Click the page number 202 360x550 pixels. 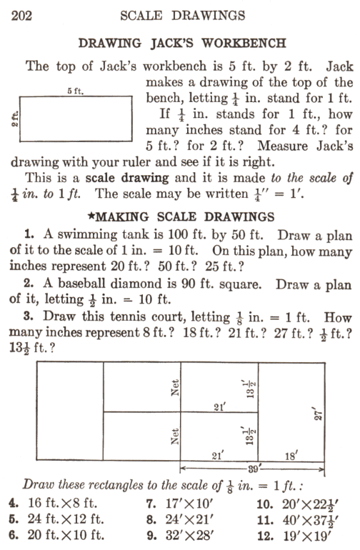point(21,16)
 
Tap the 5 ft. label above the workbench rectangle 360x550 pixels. point(76,91)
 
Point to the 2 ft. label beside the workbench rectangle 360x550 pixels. point(15,119)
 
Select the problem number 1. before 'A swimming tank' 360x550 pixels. point(29,234)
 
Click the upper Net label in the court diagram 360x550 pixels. point(175,388)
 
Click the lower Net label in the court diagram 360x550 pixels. point(175,436)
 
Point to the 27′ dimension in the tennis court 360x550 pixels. point(318,414)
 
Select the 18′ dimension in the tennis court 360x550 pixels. point(291,456)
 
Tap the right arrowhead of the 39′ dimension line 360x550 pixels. point(321,469)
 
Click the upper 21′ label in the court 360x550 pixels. point(220,407)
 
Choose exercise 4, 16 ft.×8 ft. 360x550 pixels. point(54,504)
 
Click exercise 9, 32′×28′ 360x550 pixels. point(180,536)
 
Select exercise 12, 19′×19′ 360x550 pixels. point(294,536)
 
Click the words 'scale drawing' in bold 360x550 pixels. point(127,178)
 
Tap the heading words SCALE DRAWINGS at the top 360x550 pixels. point(182,16)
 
